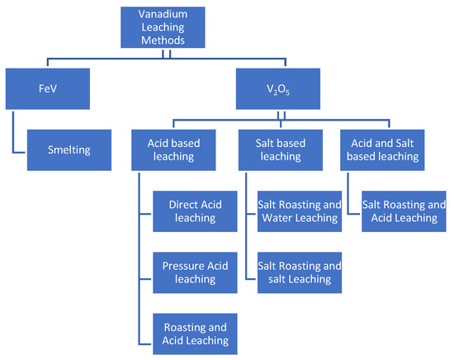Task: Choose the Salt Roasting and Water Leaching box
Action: (x=298, y=211)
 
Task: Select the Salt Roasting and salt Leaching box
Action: (x=298, y=272)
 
